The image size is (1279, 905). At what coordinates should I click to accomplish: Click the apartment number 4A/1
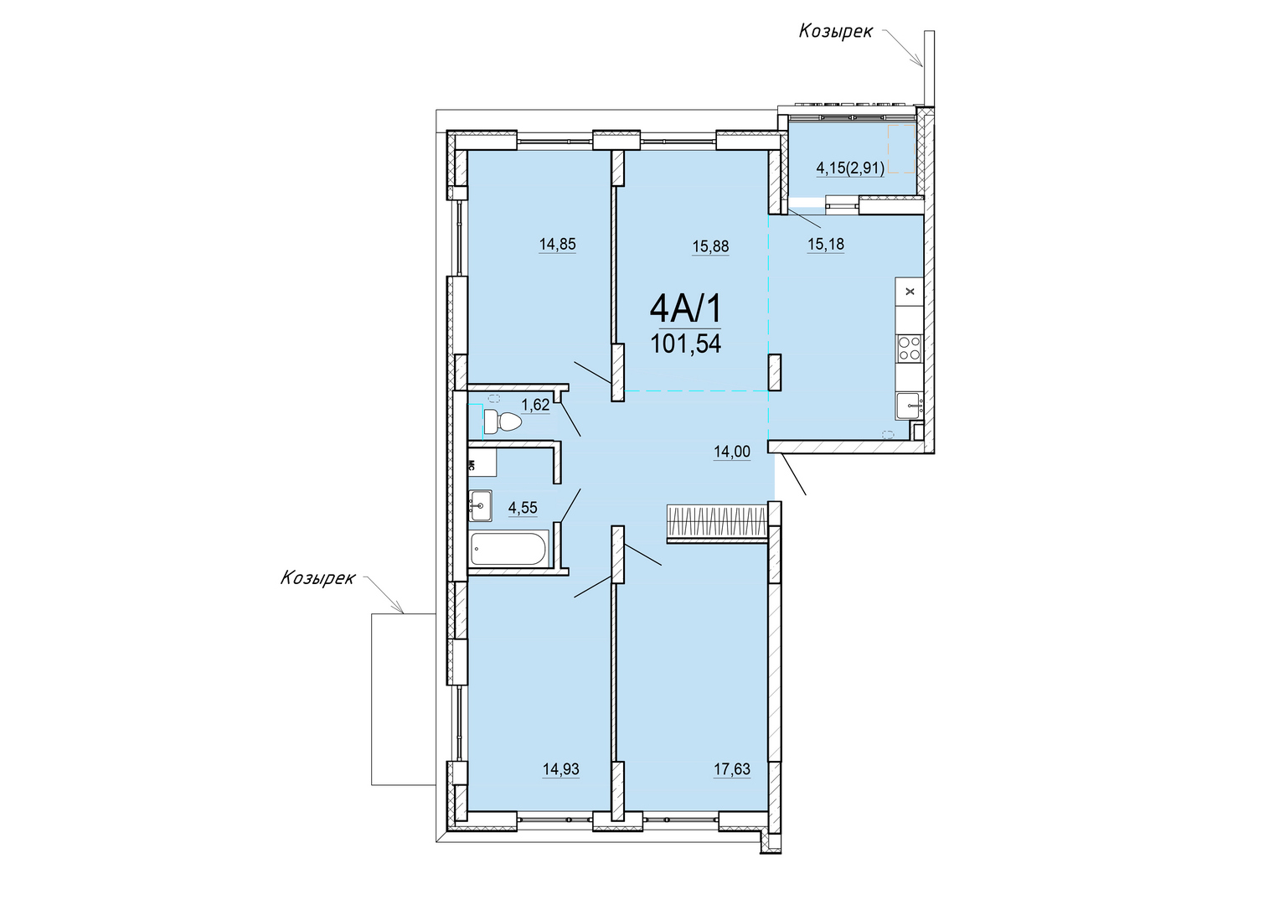686,309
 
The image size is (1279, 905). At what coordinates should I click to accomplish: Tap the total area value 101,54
686,344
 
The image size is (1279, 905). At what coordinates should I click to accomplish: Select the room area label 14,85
557,244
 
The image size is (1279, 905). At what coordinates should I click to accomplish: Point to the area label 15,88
710,246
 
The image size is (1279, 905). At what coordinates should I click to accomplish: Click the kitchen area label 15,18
826,244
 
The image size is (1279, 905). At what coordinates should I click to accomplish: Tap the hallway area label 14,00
732,452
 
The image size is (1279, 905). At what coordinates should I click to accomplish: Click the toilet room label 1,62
535,405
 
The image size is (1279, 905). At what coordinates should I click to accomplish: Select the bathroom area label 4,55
523,508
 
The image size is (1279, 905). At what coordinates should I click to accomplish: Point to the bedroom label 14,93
560,769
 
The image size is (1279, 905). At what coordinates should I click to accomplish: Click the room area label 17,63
732,769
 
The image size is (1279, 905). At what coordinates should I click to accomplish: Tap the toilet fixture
503,421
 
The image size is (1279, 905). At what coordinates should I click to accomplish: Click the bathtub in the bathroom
508,549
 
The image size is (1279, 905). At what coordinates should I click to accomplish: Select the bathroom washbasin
480,505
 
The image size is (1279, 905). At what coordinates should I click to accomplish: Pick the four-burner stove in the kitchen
910,348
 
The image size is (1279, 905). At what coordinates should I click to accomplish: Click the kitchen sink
909,406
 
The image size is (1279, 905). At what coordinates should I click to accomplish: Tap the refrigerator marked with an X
910,292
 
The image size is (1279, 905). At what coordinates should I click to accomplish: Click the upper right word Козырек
836,32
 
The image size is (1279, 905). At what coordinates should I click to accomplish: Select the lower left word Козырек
317,577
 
